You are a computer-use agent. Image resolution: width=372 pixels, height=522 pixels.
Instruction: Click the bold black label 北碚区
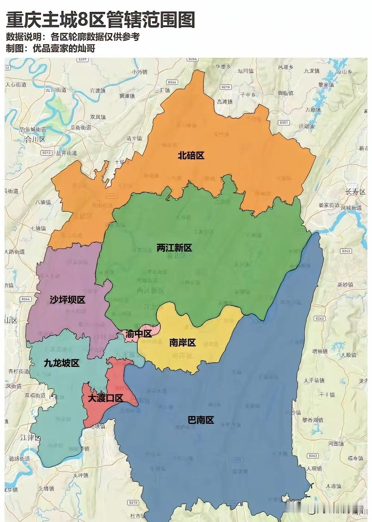pyautogui.click(x=191, y=156)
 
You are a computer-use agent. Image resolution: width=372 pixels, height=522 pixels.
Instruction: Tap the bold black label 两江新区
pyautogui.click(x=174, y=248)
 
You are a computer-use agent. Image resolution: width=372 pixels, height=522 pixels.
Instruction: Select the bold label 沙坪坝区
pyautogui.click(x=67, y=300)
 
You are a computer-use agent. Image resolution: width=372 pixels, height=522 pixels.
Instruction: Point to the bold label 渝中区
pyautogui.click(x=138, y=334)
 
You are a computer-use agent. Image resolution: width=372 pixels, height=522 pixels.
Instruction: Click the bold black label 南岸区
pyautogui.click(x=182, y=343)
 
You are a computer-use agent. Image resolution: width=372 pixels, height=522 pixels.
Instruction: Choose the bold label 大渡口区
pyautogui.click(x=105, y=398)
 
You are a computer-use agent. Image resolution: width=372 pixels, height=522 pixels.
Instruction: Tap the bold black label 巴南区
pyautogui.click(x=201, y=420)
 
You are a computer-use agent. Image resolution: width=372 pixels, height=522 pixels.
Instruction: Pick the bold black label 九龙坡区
pyautogui.click(x=62, y=363)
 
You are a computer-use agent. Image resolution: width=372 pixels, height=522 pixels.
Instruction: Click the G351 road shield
pyautogui.click(x=284, y=122)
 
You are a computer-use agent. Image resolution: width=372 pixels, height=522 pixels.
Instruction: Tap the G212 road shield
pyautogui.click(x=46, y=153)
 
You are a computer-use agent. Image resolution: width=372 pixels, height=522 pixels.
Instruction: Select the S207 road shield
pyautogui.click(x=83, y=60)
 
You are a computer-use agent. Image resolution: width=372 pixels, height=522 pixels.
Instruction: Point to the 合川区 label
pyautogui.click(x=35, y=140)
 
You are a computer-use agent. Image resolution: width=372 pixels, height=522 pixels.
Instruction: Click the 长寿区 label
pyautogui.click(x=355, y=192)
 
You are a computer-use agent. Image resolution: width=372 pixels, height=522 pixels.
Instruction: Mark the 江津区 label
pyautogui.click(x=31, y=438)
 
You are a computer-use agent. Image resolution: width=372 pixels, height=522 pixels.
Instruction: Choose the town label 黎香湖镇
pyautogui.click(x=313, y=420)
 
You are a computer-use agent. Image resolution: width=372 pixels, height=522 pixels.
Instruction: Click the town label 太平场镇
pyautogui.click(x=314, y=380)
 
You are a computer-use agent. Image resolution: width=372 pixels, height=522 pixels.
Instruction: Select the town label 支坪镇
pyautogui.click(x=80, y=475)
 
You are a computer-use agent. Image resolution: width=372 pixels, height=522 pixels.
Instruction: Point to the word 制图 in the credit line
pyautogui.click(x=15, y=48)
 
